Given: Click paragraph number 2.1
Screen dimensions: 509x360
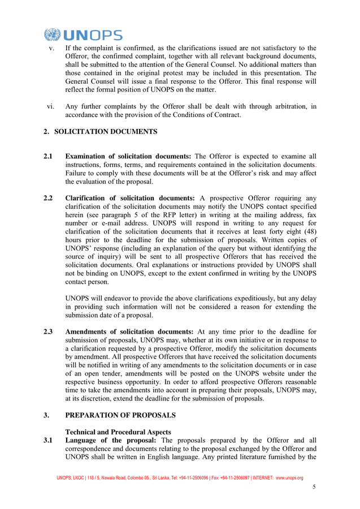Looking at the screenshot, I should pos(49,156).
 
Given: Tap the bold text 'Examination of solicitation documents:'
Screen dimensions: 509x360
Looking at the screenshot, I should pos(128,156).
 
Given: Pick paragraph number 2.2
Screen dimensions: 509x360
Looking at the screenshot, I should pos(49,198).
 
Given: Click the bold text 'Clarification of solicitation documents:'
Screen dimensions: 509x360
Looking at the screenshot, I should pos(130,198).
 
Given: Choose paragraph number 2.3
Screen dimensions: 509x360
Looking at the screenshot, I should pos(49,331).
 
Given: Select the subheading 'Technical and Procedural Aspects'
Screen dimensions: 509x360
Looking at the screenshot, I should pos(118,432).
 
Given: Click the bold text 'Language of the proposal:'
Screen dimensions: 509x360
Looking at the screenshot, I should pos(112,440).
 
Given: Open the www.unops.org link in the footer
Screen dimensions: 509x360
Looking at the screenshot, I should pos(289,478).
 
